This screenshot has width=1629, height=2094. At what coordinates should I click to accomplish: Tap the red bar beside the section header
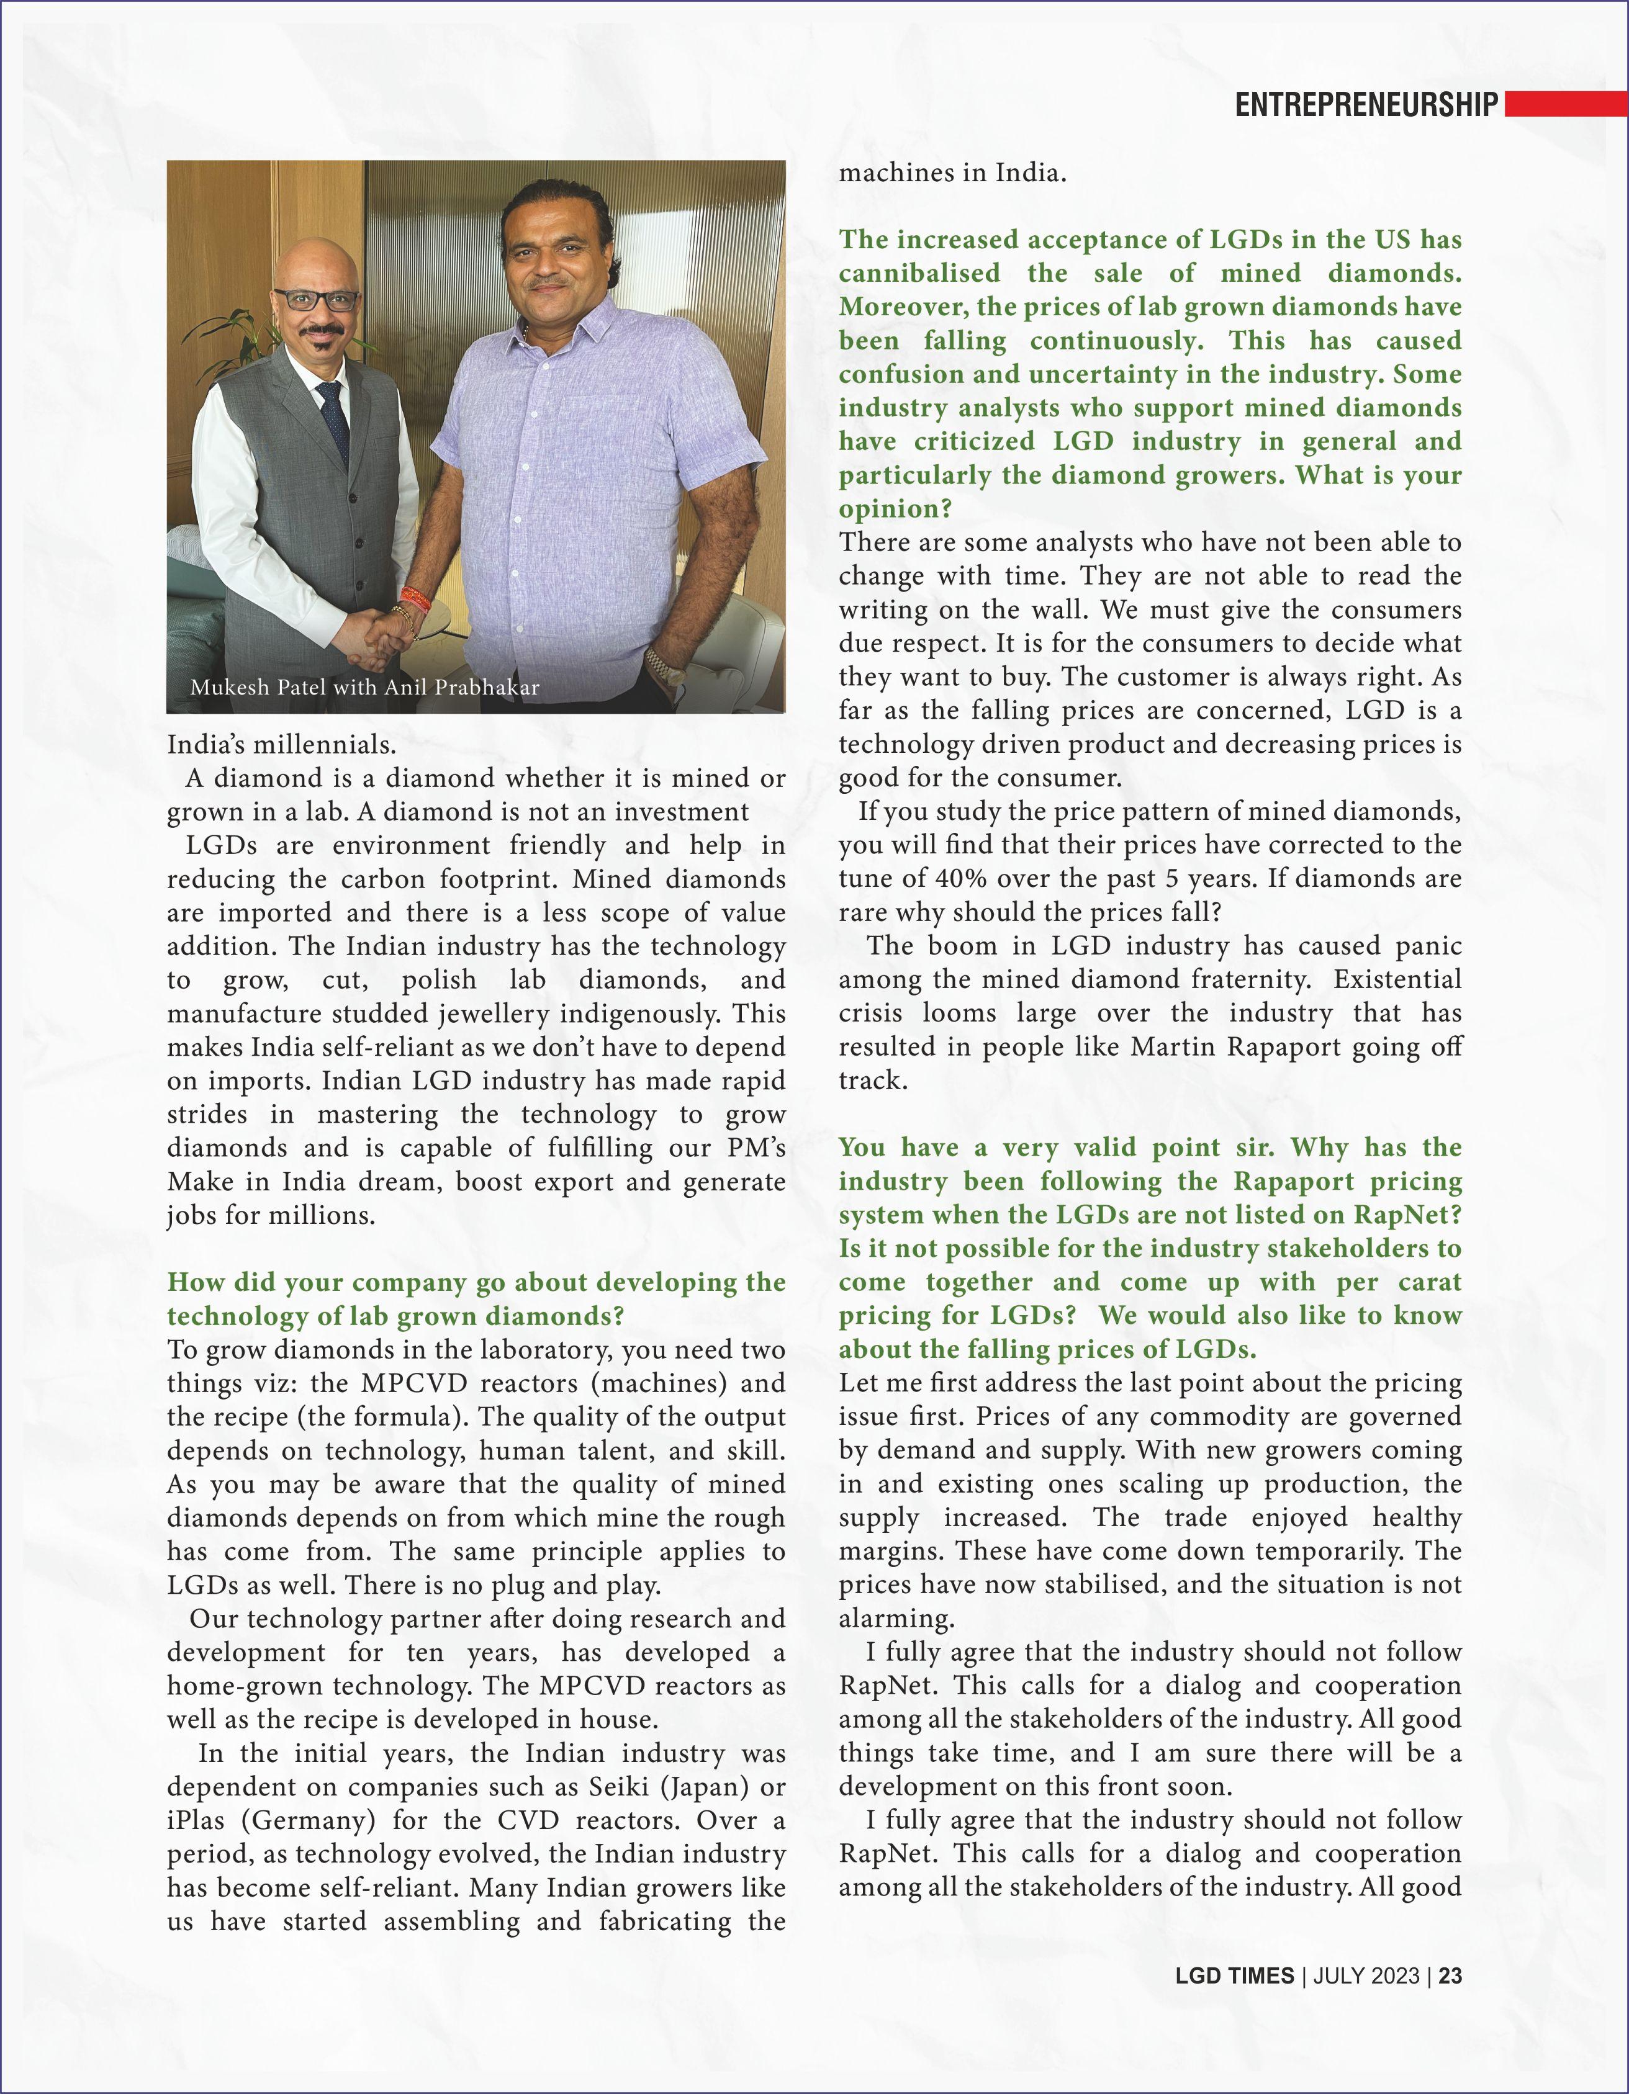pyautogui.click(x=1565, y=104)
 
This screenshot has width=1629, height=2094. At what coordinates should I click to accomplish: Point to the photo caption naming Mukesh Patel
pyautogui.click(x=364, y=688)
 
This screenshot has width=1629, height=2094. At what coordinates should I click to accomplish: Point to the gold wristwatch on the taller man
pyautogui.click(x=661, y=662)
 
